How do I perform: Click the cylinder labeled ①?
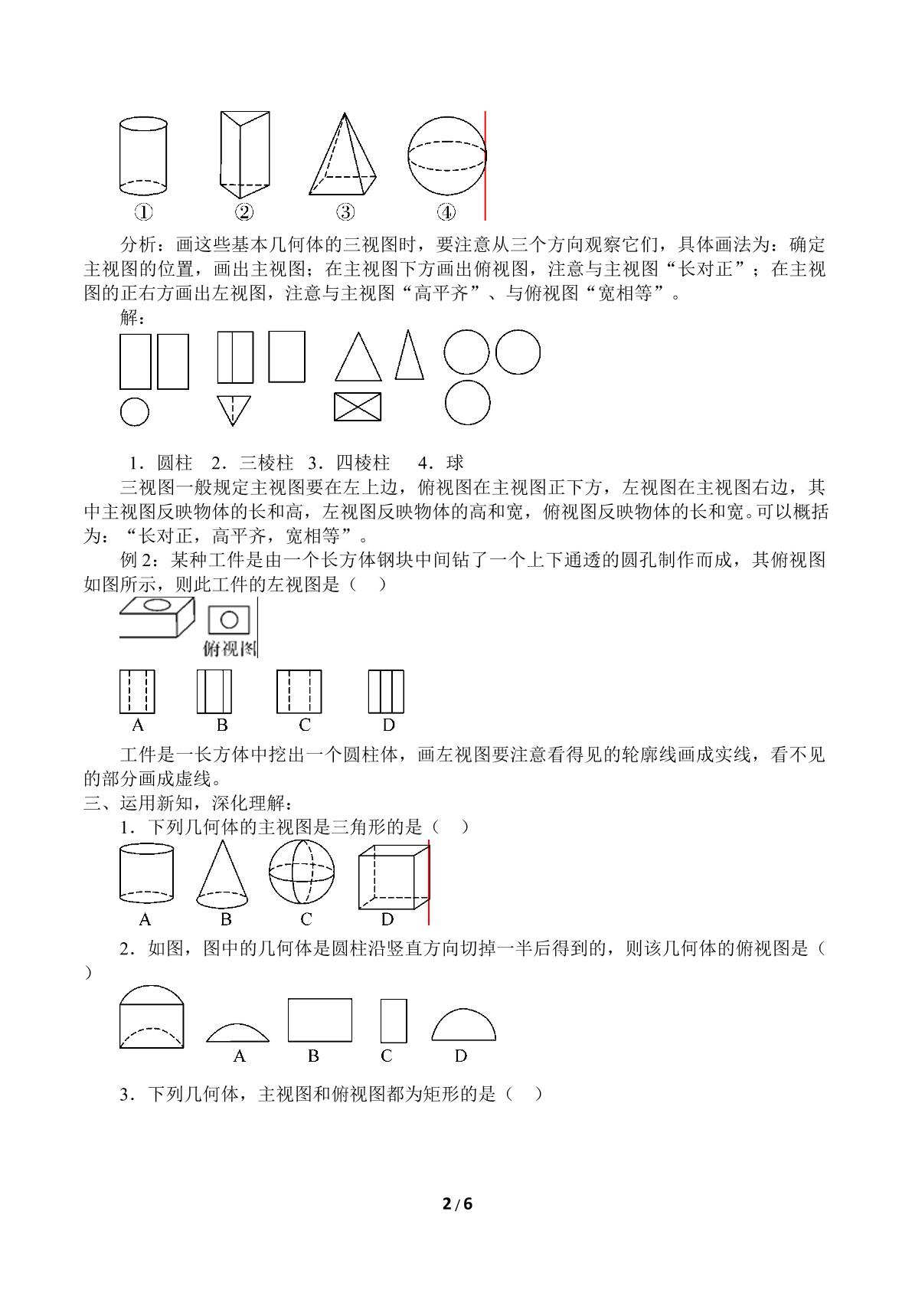[x=143, y=156]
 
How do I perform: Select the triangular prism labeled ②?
[x=245, y=155]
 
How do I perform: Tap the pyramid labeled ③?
[x=342, y=154]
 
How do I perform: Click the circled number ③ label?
[x=345, y=212]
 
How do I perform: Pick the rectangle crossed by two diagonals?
[x=358, y=407]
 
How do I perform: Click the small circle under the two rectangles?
[x=135, y=412]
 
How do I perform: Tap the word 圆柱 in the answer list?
[x=175, y=463]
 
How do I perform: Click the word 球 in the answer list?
[x=455, y=463]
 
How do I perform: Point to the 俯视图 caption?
[x=229, y=649]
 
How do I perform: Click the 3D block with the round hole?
[x=157, y=617]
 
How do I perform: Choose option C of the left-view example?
[x=299, y=691]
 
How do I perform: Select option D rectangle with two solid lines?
[x=387, y=691]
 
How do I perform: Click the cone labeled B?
[x=222, y=874]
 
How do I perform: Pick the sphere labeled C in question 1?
[x=301, y=872]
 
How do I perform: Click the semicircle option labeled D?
[x=463, y=1024]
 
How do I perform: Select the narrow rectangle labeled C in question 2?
[x=394, y=1020]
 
